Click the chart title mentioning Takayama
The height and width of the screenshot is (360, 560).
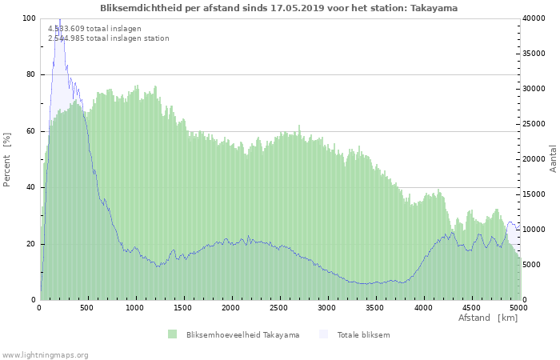click(279, 8)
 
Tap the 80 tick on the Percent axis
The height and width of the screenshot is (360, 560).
click(31, 74)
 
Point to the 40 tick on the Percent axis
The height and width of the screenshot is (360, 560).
click(31, 187)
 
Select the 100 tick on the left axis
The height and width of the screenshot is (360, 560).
click(29, 18)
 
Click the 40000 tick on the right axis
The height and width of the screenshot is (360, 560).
click(536, 18)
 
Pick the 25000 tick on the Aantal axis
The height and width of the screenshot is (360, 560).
click(536, 124)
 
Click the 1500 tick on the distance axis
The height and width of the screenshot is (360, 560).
click(183, 307)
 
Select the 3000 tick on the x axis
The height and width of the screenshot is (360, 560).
click(326, 307)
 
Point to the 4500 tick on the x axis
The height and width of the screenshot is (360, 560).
click(470, 307)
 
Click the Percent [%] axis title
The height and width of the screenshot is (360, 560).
click(7, 159)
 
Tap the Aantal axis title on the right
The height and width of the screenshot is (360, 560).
click(553, 159)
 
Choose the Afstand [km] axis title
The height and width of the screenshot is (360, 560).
click(487, 318)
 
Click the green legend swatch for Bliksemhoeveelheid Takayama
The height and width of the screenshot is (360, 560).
click(172, 334)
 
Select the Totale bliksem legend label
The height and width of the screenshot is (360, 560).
click(363, 334)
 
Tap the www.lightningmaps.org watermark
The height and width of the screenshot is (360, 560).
click(45, 354)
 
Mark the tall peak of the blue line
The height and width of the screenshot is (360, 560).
click(59, 19)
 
